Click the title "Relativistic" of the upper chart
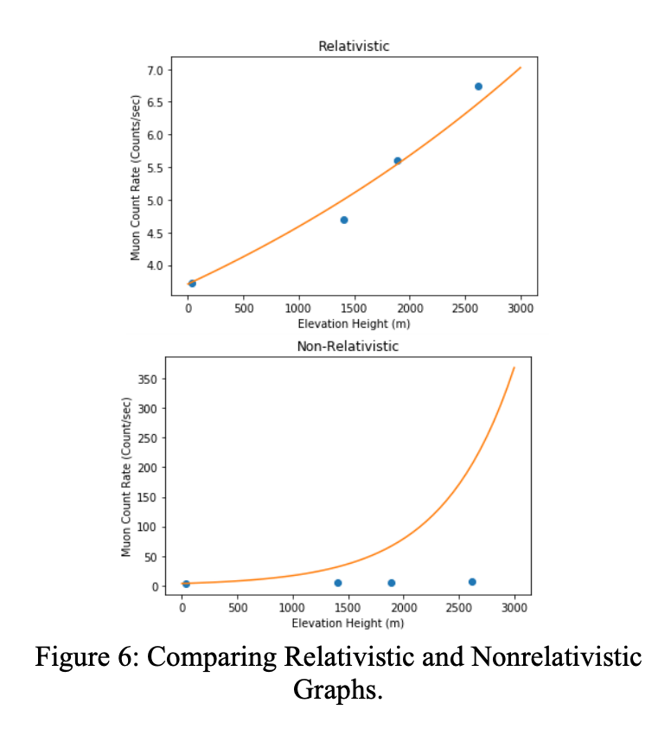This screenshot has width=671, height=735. coord(354,46)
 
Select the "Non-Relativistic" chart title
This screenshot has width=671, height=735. coord(347,346)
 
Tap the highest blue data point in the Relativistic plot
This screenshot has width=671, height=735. coord(478,86)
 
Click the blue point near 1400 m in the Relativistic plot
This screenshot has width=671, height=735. coord(344,220)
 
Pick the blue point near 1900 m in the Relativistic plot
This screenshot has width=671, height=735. coord(398,161)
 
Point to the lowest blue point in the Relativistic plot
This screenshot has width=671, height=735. coord(192,284)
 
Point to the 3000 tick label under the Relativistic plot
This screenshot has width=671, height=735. coord(521,309)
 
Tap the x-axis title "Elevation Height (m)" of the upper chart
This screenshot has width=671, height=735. coord(354,323)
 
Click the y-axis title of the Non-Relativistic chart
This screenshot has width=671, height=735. coord(127,476)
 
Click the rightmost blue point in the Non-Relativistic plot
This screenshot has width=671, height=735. coord(472,582)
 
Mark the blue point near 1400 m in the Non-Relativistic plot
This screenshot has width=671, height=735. coord(338,583)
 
